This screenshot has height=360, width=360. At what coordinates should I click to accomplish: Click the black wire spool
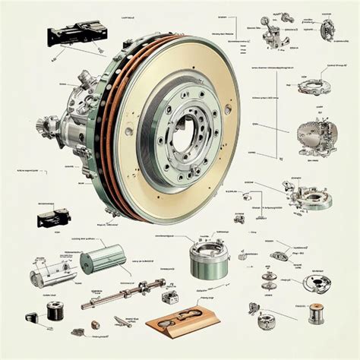[52, 310]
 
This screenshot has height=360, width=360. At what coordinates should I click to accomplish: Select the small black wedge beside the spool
[78, 331]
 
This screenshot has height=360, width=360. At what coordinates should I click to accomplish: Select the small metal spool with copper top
[315, 312]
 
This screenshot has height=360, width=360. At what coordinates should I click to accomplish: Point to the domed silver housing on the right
[314, 137]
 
